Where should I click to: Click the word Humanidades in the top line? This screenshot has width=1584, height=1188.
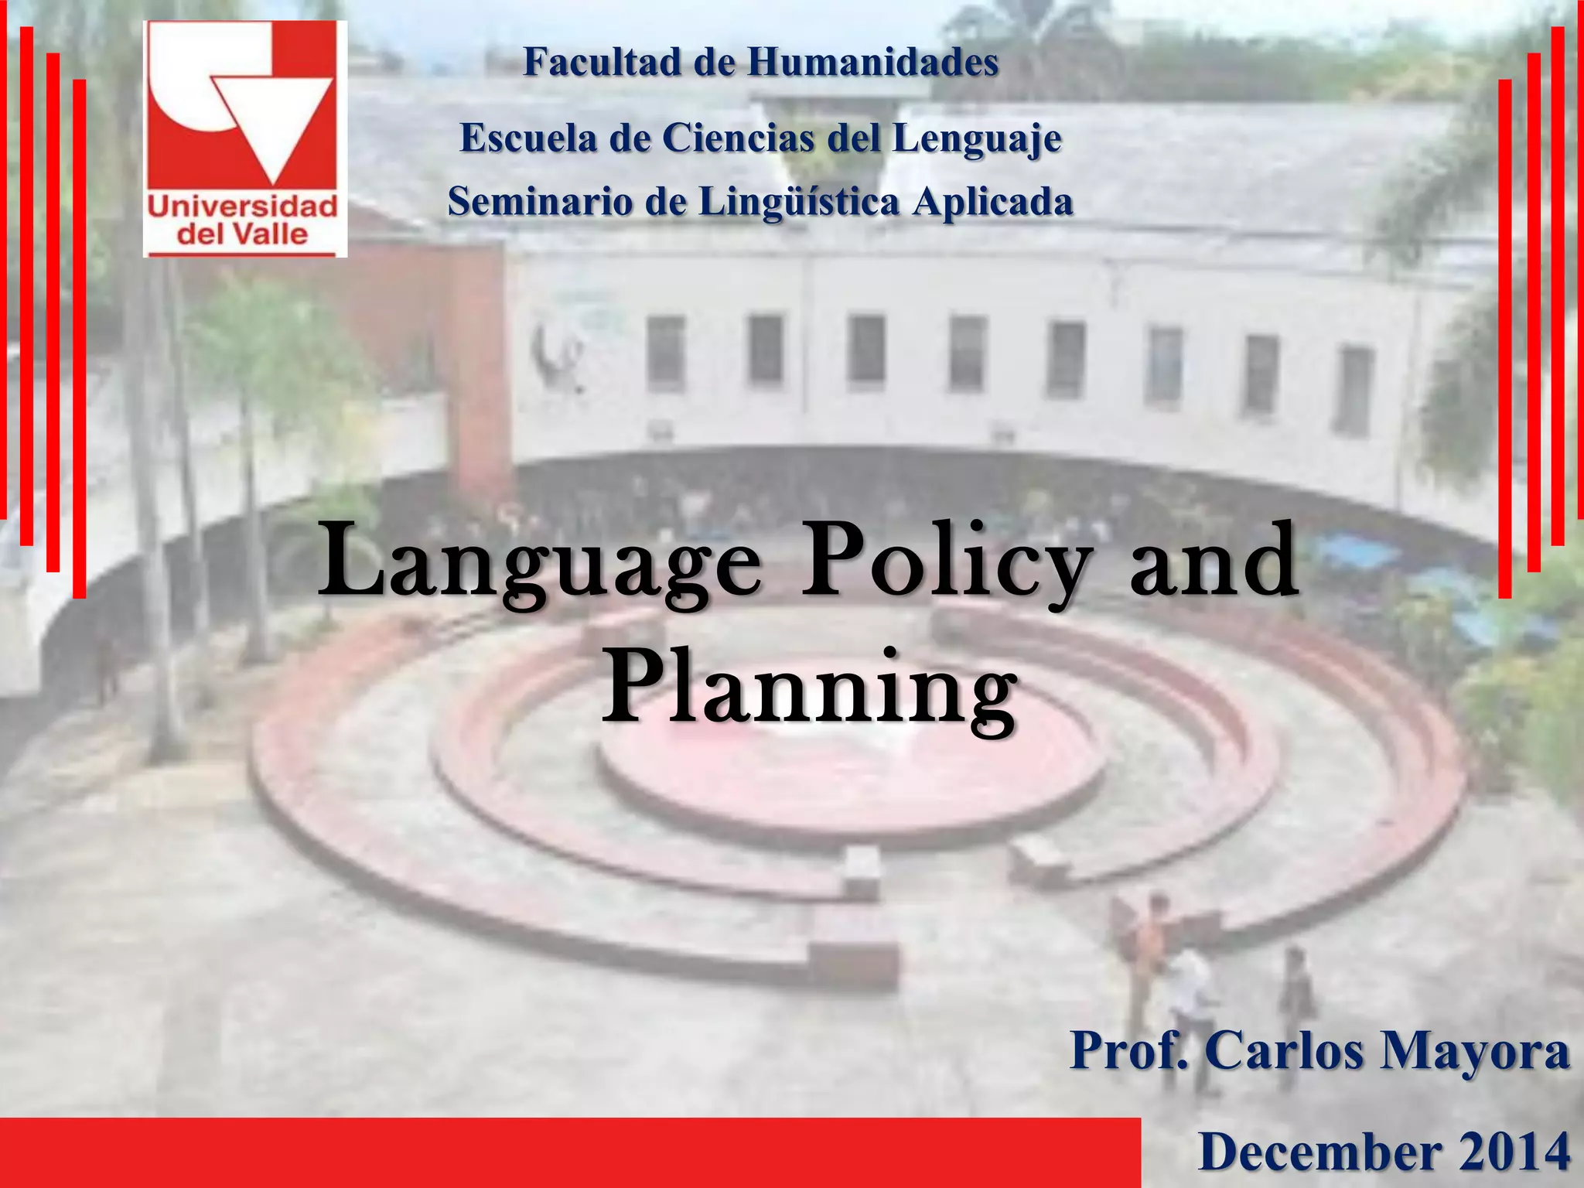click(872, 62)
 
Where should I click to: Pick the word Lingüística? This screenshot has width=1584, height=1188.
click(799, 203)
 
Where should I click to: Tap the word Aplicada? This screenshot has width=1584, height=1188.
click(992, 203)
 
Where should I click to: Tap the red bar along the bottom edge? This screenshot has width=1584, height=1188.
click(569, 1152)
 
